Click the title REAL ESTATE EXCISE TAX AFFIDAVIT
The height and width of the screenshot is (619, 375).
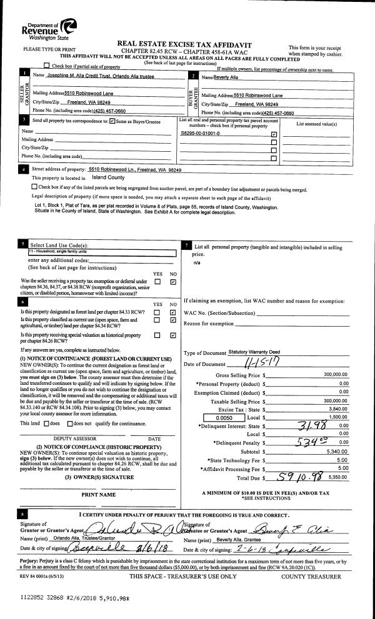click(x=188, y=43)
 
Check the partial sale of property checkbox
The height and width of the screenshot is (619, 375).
click(x=47, y=66)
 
